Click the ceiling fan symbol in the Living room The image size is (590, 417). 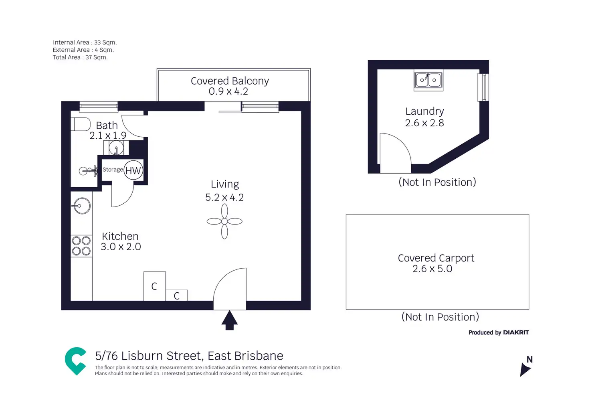(x=224, y=221)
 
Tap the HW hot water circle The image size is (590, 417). (x=133, y=170)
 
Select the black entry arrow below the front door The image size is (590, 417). (x=230, y=320)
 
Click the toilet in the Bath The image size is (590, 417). (x=81, y=124)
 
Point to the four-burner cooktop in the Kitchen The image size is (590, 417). (x=81, y=246)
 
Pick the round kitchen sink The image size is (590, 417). (x=82, y=206)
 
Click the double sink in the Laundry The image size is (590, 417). (x=428, y=80)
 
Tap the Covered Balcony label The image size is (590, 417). (x=230, y=81)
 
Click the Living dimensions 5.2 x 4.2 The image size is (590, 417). (x=224, y=197)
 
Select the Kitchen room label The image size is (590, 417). (x=120, y=236)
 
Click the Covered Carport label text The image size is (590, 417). (x=436, y=258)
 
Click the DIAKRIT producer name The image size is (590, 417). (x=516, y=332)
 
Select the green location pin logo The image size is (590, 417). (x=76, y=361)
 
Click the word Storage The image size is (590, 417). (x=113, y=170)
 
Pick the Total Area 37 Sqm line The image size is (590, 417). (x=80, y=57)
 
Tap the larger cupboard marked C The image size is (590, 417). (x=154, y=286)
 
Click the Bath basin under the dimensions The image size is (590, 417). (x=116, y=148)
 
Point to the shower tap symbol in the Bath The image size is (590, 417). (x=89, y=171)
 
